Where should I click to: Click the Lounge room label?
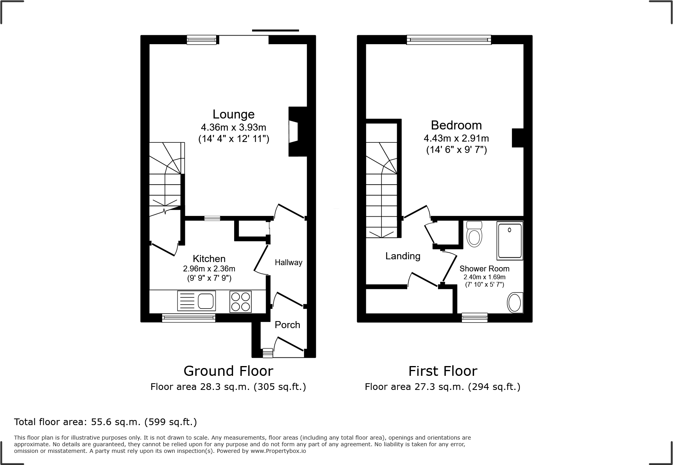point(233,114)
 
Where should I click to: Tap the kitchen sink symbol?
point(196,301)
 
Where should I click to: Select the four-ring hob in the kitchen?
point(240,302)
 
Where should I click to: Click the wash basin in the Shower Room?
point(514,303)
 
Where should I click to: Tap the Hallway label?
point(288,262)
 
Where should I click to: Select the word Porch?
point(287,325)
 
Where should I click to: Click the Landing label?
point(403,256)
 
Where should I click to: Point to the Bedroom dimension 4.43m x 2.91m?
point(456,138)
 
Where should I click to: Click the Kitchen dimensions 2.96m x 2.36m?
point(209,269)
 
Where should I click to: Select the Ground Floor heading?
point(228,371)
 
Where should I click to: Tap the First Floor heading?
point(442,371)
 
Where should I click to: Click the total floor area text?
point(106,422)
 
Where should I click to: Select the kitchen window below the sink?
point(188,318)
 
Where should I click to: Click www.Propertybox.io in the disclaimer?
point(278,451)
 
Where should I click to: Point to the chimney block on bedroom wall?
point(518,138)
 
